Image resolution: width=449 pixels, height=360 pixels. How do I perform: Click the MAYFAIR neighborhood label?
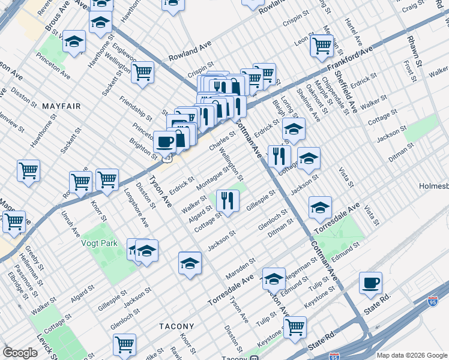click(61, 106)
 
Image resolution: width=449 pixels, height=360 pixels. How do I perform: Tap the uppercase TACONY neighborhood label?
click(177, 326)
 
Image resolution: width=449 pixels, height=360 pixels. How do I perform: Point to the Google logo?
click(20, 353)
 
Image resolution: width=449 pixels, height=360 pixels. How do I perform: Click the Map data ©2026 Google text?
click(412, 355)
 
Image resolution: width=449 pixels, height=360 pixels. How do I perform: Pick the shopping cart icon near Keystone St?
click(295, 327)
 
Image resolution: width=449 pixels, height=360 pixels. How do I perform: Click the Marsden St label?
click(240, 265)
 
